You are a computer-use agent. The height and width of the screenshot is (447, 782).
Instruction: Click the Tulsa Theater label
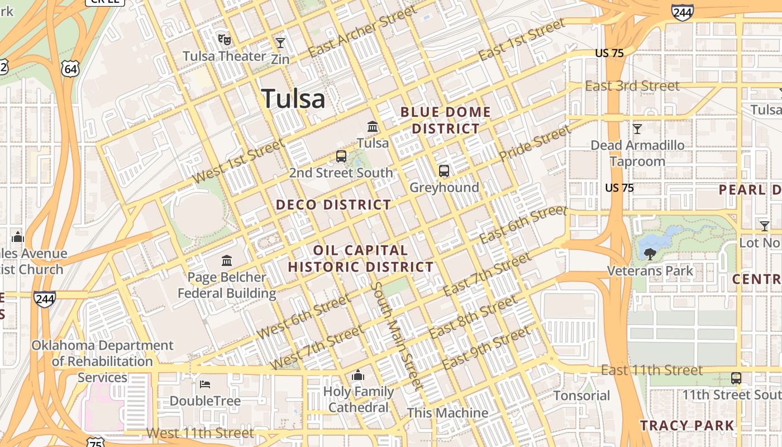click(x=225, y=56)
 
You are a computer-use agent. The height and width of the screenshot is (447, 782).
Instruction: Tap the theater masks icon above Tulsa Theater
click(x=225, y=39)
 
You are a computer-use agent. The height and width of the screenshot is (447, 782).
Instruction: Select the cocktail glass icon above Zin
click(x=280, y=43)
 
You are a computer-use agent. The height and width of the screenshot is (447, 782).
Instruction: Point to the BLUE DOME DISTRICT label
click(x=446, y=120)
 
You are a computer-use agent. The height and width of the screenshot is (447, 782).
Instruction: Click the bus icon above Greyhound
click(x=444, y=171)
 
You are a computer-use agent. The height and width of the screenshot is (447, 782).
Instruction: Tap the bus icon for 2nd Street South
click(x=341, y=156)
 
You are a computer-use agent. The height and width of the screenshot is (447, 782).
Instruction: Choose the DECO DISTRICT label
click(x=333, y=205)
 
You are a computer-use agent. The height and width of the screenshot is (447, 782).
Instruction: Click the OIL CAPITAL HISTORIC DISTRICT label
click(x=361, y=258)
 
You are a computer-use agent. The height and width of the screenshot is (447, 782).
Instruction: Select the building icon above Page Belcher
click(x=227, y=260)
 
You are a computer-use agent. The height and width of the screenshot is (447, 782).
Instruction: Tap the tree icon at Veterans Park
click(x=650, y=255)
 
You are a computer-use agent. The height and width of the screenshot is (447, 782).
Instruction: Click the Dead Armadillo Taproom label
click(x=637, y=153)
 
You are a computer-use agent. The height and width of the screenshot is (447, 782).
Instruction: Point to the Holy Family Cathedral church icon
click(x=358, y=375)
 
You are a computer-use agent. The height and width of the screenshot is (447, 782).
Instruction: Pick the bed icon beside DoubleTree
click(x=205, y=384)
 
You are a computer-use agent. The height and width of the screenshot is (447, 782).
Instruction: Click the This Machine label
click(x=447, y=413)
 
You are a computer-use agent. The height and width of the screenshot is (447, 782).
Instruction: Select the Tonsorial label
click(x=582, y=396)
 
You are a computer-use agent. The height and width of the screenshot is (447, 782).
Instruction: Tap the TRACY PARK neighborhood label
click(x=687, y=425)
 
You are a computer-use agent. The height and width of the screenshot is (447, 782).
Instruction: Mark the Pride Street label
click(x=535, y=143)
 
